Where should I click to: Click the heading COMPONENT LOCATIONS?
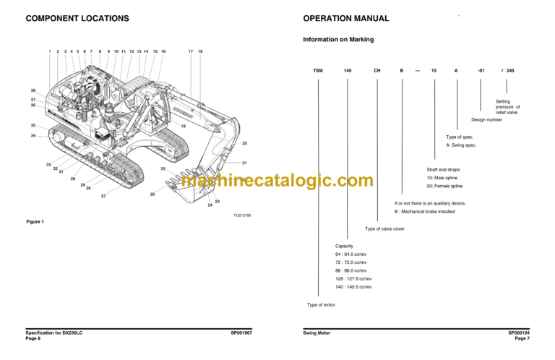(x=77, y=18)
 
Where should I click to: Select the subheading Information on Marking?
(x=338, y=40)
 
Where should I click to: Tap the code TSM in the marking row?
(x=318, y=70)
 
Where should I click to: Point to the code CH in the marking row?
(x=377, y=70)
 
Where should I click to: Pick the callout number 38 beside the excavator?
(x=33, y=90)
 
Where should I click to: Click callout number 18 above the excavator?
(x=200, y=51)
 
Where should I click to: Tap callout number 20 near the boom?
(x=244, y=144)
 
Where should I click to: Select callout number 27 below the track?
(x=103, y=196)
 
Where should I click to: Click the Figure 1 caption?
(x=35, y=221)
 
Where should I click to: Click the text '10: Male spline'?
(x=444, y=178)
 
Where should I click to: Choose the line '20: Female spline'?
(x=447, y=187)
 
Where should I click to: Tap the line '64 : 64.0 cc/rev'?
(x=353, y=254)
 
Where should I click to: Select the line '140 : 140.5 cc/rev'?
(x=355, y=287)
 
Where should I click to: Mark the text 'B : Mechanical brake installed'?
(x=434, y=212)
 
